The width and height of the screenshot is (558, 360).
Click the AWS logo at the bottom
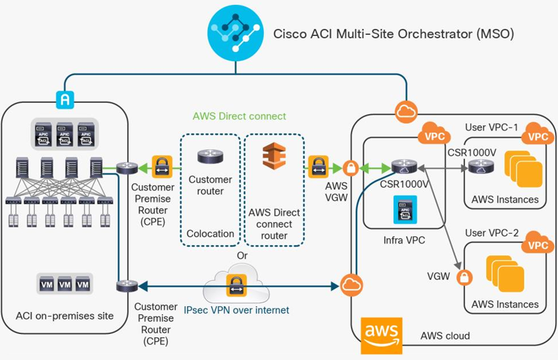(381, 335)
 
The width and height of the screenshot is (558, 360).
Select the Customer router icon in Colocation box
(210, 156)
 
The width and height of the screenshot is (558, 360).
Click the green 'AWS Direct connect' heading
(239, 116)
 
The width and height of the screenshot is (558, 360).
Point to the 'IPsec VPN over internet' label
(236, 310)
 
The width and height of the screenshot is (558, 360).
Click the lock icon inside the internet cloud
(236, 284)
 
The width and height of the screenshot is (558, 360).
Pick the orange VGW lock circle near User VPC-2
(465, 277)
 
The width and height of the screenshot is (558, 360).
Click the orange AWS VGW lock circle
(350, 167)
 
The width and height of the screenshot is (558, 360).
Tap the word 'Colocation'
(210, 233)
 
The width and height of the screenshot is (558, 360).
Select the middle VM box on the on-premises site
(64, 284)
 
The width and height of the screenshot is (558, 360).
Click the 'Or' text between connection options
(242, 255)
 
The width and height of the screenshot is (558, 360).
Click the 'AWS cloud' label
(445, 336)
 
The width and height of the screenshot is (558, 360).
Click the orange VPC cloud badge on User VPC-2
(538, 243)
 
